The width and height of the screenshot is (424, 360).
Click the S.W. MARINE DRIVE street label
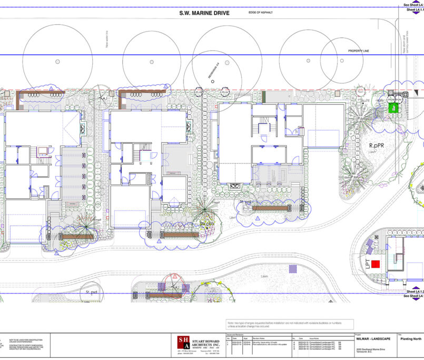click(x=204, y=13)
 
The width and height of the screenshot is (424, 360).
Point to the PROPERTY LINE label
click(x=359, y=51)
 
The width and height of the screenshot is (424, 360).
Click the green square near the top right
click(x=392, y=108)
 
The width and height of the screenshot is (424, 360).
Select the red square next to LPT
click(x=376, y=264)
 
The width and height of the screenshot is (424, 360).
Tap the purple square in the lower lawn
click(x=292, y=269)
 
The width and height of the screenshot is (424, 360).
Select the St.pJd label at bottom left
click(x=92, y=291)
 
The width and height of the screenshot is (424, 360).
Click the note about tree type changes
click(x=290, y=324)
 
